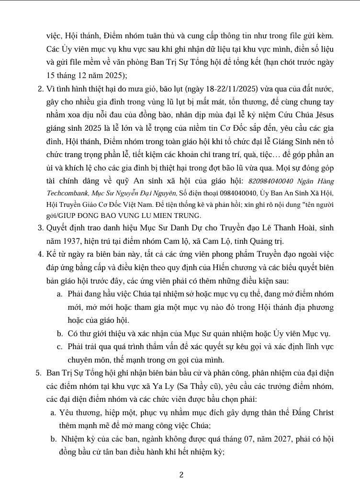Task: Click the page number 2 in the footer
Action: pos(181,475)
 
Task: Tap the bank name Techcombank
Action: pos(67,193)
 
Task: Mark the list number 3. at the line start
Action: pos(41,227)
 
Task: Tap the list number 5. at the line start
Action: pos(39,372)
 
